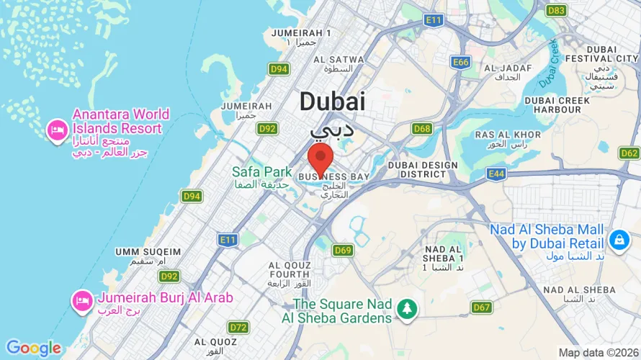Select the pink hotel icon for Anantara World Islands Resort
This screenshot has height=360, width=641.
pyautogui.click(x=55, y=130)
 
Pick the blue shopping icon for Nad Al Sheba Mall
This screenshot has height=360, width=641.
pyautogui.click(x=618, y=238)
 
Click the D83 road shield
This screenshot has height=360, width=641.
pyautogui.click(x=556, y=10)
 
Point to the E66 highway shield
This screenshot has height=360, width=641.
pyautogui.click(x=461, y=63)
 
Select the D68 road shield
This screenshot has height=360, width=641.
pyautogui.click(x=422, y=129)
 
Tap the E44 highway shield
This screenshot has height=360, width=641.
pyautogui.click(x=496, y=174)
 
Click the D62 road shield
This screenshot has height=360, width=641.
pyautogui.click(x=629, y=153)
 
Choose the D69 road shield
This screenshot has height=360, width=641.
pyautogui.click(x=343, y=250)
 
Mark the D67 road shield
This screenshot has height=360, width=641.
pyautogui.click(x=482, y=307)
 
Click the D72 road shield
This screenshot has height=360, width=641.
pyautogui.click(x=238, y=328)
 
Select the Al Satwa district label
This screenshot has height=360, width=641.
pyautogui.click(x=332, y=59)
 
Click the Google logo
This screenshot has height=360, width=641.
pyautogui.click(x=33, y=348)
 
